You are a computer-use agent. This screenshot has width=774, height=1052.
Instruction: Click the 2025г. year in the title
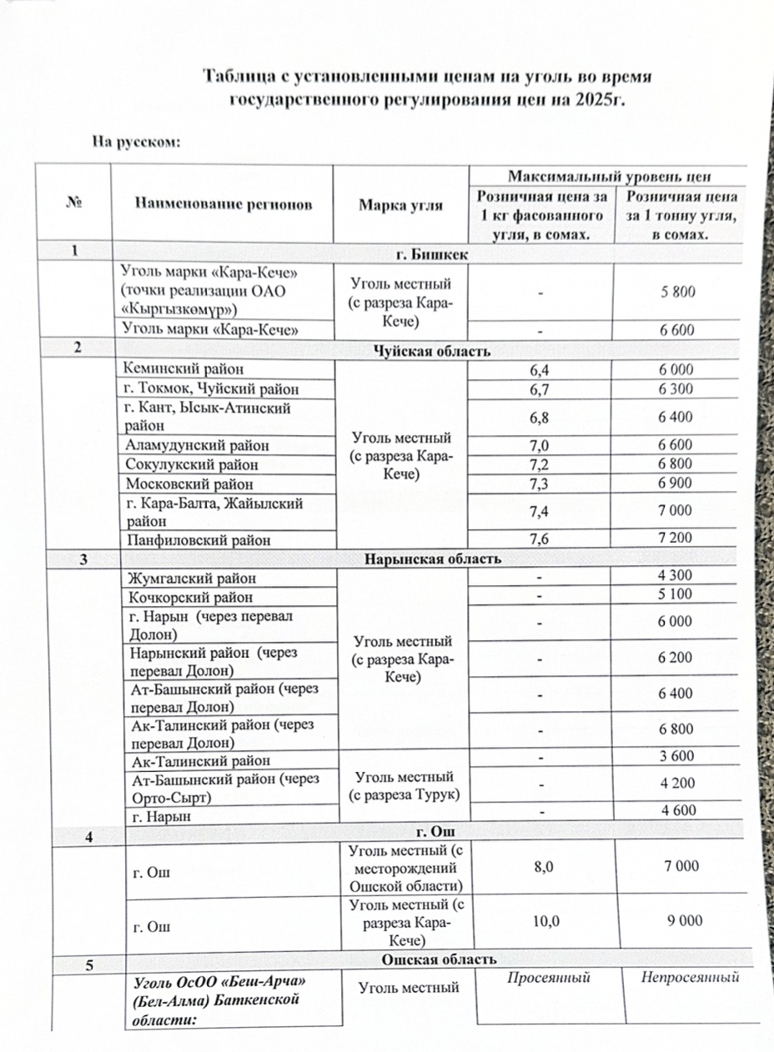597,100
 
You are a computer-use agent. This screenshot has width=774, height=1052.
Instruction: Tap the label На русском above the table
137,142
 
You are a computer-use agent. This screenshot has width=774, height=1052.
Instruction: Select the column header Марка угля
400,204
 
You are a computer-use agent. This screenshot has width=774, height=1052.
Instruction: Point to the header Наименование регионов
222,204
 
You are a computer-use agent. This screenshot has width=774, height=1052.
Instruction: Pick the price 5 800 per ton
676,292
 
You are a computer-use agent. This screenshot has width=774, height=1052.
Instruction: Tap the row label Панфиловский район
198,539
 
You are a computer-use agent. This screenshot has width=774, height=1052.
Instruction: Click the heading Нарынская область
432,558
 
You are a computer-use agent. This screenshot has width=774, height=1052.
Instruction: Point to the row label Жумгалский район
190,578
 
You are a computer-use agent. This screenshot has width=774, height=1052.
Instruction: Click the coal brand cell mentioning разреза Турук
400,785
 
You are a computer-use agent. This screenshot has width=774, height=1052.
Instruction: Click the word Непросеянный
690,977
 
